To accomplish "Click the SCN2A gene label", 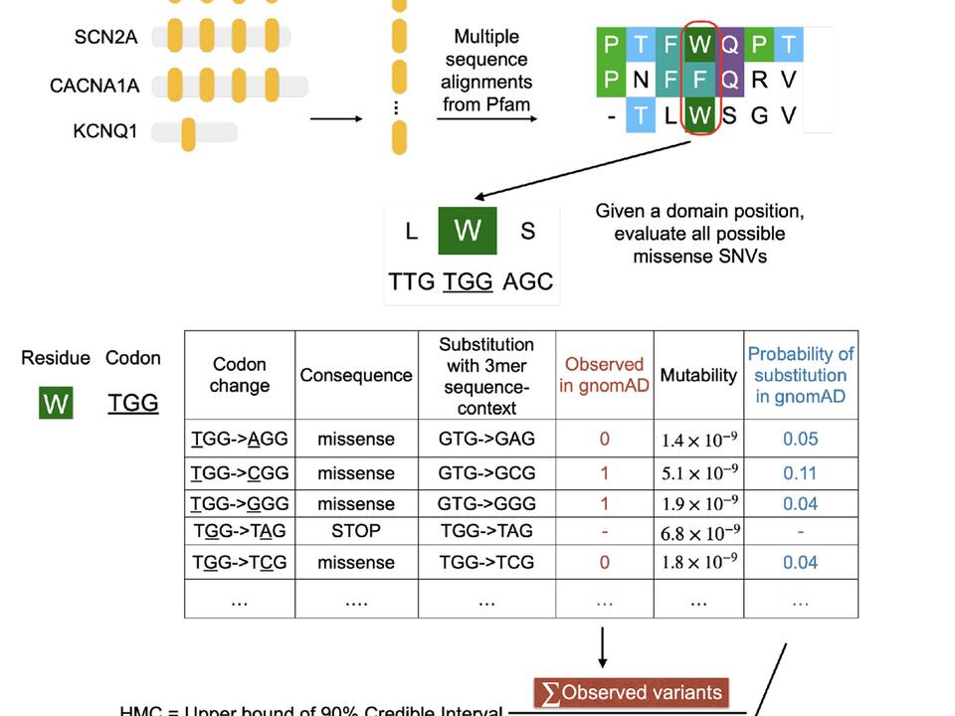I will point(105,38).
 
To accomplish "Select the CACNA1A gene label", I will point(95,86).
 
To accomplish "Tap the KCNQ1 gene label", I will point(105,131).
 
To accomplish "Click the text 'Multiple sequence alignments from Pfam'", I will point(486,71).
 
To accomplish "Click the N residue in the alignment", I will point(642,79).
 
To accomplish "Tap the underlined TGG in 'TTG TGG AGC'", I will point(468,281).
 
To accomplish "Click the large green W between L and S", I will point(468,231).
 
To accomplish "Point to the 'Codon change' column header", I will point(239,375).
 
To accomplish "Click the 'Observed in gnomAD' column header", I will point(604,375).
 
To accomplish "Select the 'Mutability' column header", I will point(698,375).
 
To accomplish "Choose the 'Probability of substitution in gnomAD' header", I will point(801,375).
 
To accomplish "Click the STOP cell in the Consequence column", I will point(355,531).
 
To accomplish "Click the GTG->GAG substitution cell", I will point(486,439).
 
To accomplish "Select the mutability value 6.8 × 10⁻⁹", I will point(698,533).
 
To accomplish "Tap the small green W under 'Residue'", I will point(56,404).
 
